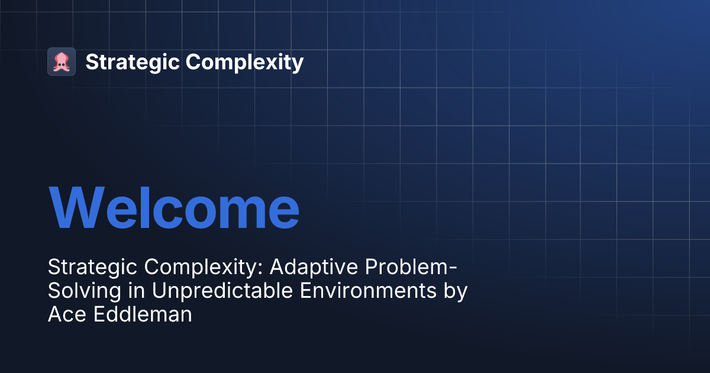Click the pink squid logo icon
point(62,62)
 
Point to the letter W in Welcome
point(77,208)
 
